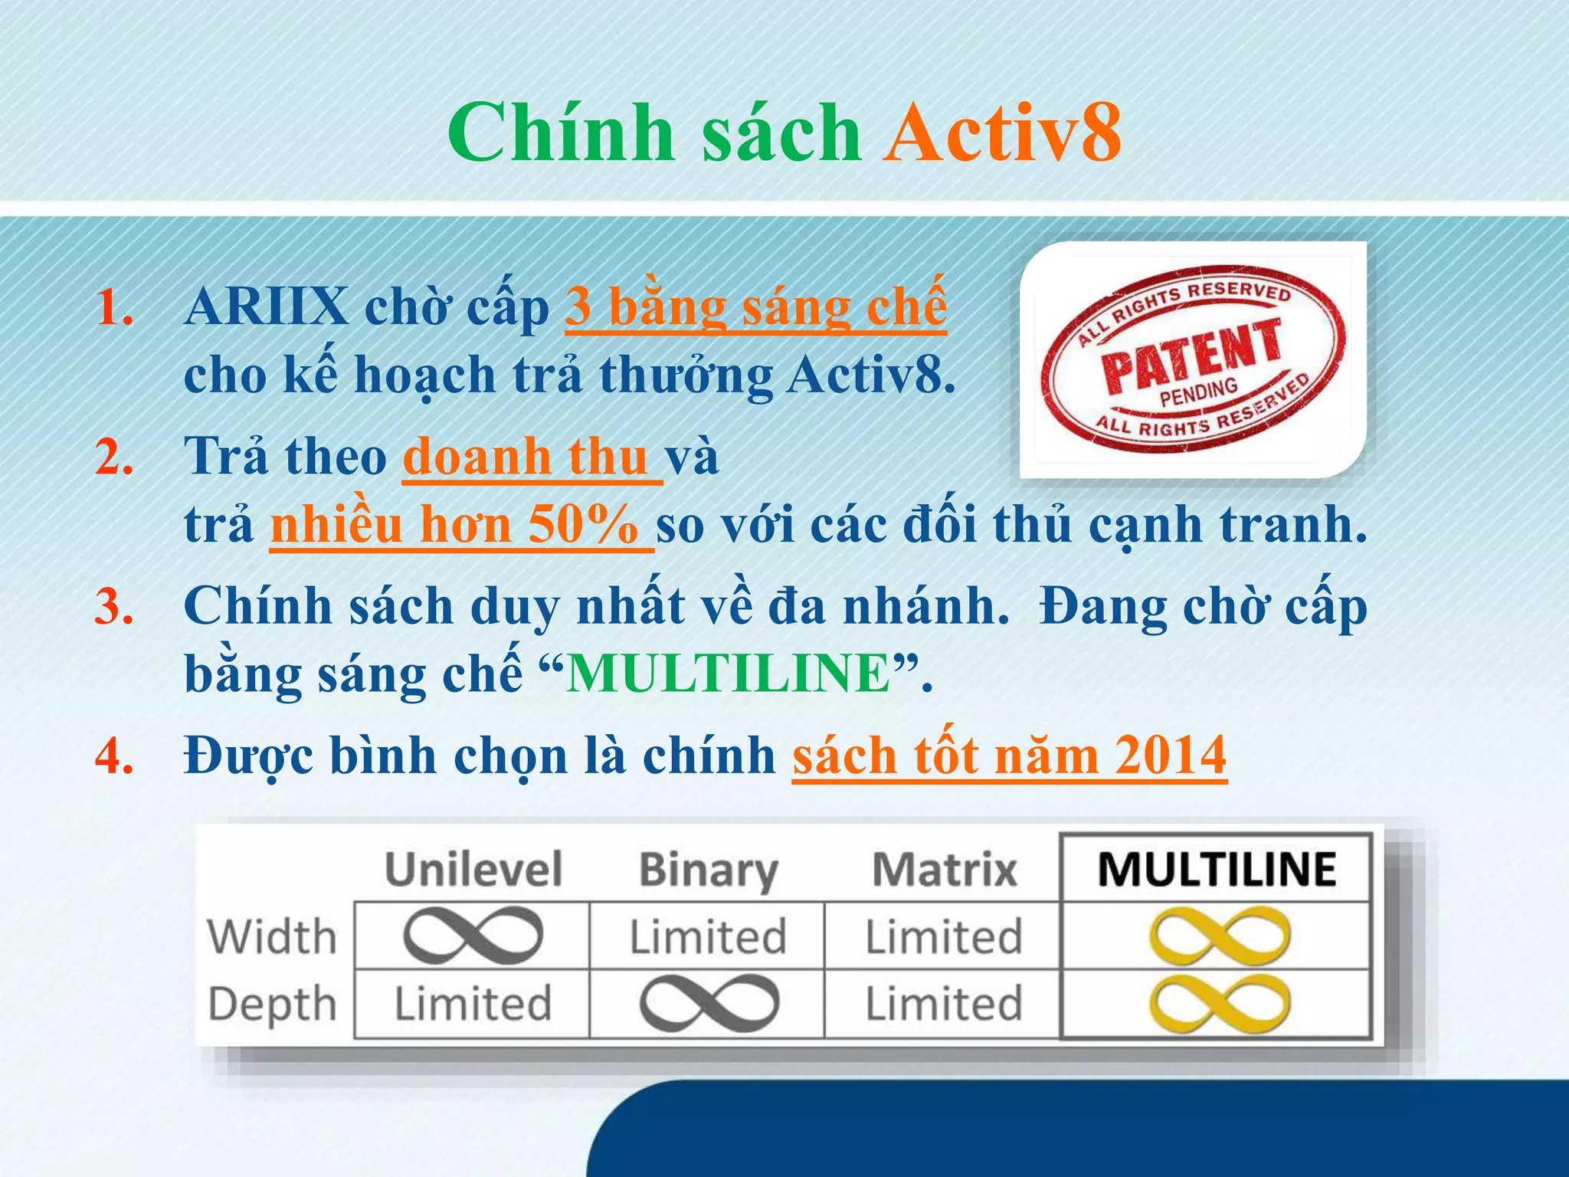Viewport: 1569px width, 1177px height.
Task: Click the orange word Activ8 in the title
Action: pos(1002,133)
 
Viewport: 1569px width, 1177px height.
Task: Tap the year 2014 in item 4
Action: pos(1171,756)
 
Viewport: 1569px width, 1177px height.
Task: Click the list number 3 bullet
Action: pos(115,607)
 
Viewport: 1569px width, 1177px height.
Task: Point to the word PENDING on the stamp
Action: pos(1199,392)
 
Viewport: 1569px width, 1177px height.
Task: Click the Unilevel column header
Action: pos(473,870)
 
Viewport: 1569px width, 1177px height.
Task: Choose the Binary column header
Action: pos(708,870)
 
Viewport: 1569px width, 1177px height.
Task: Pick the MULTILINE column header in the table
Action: pos(1217,870)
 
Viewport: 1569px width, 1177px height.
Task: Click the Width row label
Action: pos(272,936)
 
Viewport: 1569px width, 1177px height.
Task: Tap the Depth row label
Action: pos(272,1005)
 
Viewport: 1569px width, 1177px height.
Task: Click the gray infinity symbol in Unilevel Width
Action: pos(473,936)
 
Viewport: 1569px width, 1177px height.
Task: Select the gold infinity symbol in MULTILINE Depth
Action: pos(1219,1004)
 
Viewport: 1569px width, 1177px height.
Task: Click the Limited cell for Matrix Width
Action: pos(944,936)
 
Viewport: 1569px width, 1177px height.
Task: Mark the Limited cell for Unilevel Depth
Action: pos(473,1005)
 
